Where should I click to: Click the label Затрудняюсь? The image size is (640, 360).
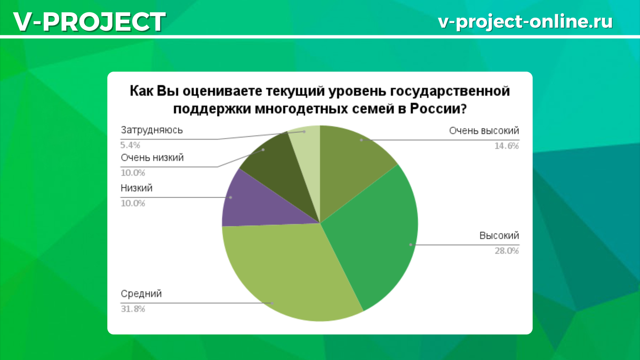click(x=152, y=130)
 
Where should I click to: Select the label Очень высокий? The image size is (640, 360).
click(x=484, y=131)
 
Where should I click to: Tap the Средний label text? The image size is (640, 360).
click(x=141, y=294)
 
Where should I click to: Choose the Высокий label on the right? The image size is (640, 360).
click(x=499, y=236)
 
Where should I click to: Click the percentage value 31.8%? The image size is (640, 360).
click(x=133, y=308)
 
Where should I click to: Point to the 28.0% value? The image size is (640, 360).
click(x=506, y=251)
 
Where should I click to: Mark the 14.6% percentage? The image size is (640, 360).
click(x=506, y=146)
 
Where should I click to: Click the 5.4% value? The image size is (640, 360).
click(x=131, y=145)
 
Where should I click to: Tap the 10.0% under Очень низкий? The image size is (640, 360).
click(x=133, y=173)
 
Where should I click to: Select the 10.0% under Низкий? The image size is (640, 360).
click(x=133, y=203)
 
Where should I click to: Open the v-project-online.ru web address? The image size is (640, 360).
click(x=525, y=21)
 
